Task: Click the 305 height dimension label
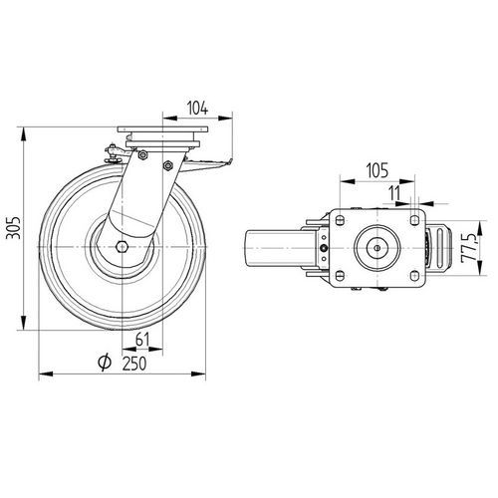14,228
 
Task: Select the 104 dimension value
198,109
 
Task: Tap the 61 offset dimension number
142,340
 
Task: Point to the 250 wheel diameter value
134,364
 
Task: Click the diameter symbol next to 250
105,363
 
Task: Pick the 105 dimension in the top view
376,170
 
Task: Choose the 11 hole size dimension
394,193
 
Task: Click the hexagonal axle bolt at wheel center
123,247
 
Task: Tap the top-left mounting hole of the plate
340,220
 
